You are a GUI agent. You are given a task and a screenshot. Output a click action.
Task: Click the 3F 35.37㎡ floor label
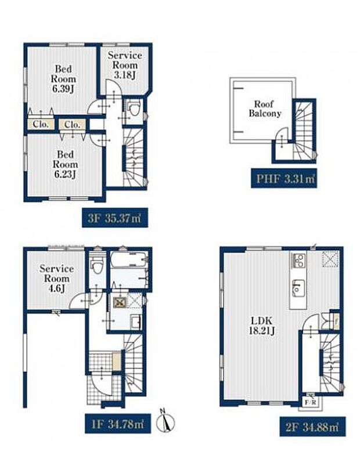(x=115, y=218)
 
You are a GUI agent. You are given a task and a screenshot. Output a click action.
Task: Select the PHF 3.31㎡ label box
(x=284, y=179)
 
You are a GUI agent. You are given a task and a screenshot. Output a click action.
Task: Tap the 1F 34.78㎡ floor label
(x=118, y=424)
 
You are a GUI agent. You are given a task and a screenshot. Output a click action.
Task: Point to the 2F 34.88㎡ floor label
(x=312, y=427)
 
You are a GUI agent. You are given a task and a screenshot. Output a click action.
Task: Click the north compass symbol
(x=165, y=421)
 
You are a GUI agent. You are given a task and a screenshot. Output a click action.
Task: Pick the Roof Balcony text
(x=265, y=109)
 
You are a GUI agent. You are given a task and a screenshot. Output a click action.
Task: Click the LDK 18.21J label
(x=261, y=326)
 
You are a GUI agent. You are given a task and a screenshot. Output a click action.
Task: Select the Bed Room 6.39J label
(x=64, y=79)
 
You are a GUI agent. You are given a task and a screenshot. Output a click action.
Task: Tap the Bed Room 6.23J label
(x=65, y=164)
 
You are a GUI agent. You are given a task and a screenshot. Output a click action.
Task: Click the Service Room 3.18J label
(x=125, y=65)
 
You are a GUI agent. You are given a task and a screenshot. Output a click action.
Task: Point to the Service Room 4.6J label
(x=57, y=279)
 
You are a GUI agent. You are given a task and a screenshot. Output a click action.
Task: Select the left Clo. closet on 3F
(x=41, y=124)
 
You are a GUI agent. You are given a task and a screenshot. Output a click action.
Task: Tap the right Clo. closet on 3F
(x=72, y=124)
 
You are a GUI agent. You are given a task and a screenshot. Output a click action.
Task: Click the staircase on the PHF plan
(x=303, y=130)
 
